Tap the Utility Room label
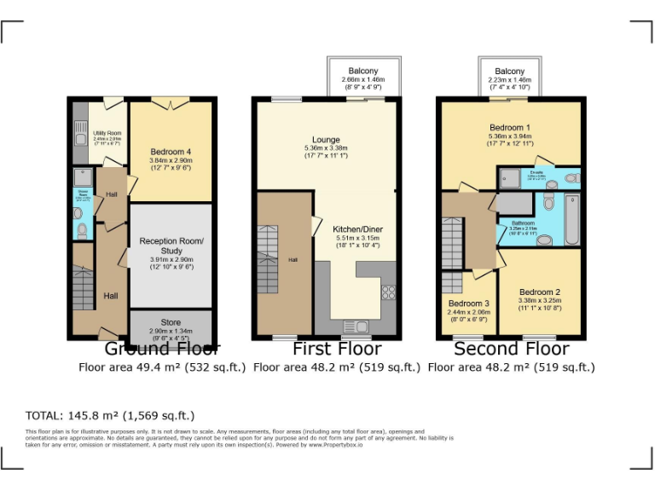click(x=107, y=133)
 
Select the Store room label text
click(x=171, y=322)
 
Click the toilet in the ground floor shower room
click(x=81, y=228)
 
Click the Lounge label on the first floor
click(x=326, y=140)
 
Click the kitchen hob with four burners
click(x=388, y=292)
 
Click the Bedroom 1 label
click(x=510, y=126)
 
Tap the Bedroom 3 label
click(x=468, y=303)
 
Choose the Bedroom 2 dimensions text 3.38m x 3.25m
click(x=539, y=300)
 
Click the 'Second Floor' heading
click(x=510, y=349)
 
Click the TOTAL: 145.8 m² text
click(x=110, y=415)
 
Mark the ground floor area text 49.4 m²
click(x=162, y=367)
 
